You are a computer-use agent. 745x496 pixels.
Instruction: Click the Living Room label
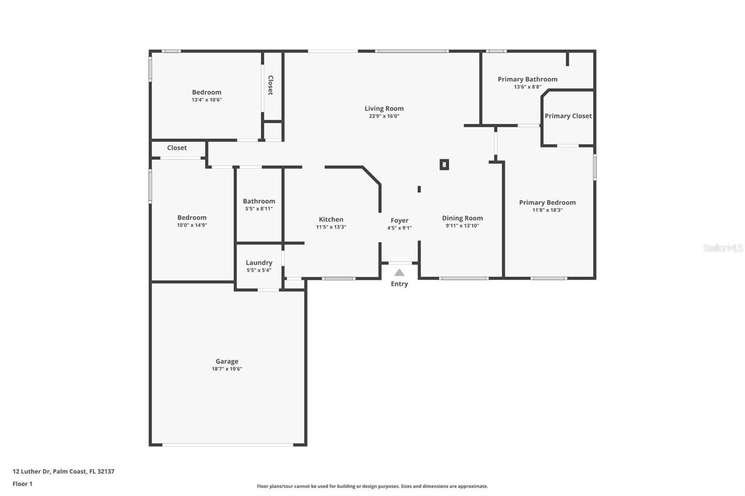tap(384, 108)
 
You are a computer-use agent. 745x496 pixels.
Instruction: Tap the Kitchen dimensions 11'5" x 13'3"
tap(331, 227)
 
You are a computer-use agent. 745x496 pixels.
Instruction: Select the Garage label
tap(227, 361)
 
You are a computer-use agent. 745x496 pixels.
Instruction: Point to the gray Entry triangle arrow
tap(399, 273)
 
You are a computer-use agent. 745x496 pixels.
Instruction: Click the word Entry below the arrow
tap(399, 283)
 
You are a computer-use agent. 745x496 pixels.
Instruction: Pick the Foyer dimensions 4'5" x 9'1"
tap(400, 228)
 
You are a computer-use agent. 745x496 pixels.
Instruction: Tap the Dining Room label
tap(462, 218)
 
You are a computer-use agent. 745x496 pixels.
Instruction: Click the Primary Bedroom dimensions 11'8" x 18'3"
tap(548, 210)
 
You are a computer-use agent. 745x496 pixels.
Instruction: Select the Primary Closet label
tap(568, 116)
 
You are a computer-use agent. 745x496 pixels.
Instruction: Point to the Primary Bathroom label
tap(528, 79)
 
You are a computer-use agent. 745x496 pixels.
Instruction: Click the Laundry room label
tap(259, 263)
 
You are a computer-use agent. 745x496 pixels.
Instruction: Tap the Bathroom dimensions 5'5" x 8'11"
tap(259, 209)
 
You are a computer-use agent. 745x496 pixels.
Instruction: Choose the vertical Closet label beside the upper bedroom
tap(271, 85)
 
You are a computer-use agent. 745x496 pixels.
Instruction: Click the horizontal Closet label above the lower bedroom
tap(177, 147)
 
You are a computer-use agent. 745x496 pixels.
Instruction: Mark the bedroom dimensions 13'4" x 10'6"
tap(207, 100)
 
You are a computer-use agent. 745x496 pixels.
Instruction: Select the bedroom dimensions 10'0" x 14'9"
tap(192, 225)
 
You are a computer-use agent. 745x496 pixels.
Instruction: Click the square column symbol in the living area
tap(444, 165)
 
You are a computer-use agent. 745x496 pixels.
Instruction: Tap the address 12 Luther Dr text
tap(31, 471)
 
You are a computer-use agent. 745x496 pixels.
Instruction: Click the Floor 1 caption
tap(23, 484)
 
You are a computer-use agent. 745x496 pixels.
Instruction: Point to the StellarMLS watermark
tap(723, 248)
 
